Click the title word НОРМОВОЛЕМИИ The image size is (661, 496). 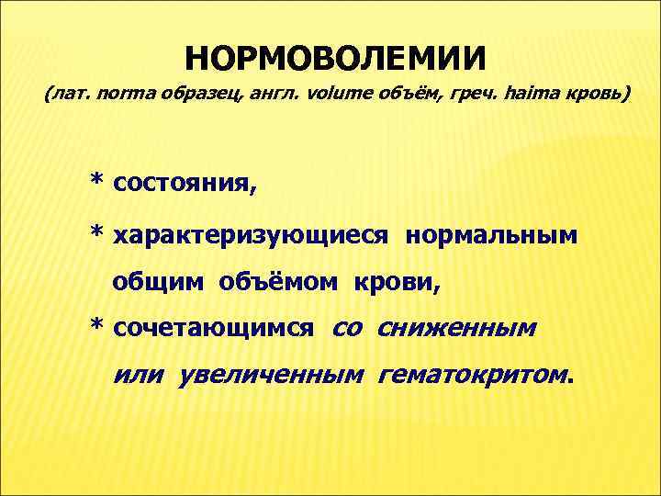(x=335, y=58)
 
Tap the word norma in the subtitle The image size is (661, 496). (x=122, y=96)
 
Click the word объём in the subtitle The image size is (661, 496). (x=378, y=96)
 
